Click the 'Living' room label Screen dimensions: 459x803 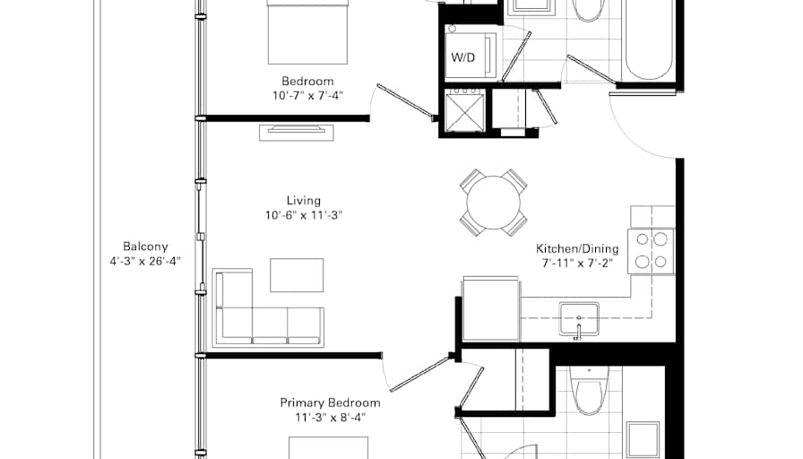(x=304, y=200)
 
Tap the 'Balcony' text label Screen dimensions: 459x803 (x=145, y=247)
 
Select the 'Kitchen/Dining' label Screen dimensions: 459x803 (x=574, y=248)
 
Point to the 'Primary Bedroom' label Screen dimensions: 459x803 (x=330, y=403)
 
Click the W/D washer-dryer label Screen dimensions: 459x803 (x=462, y=58)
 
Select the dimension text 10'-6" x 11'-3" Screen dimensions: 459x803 (x=304, y=215)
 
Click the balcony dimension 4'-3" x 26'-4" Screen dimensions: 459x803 (x=145, y=262)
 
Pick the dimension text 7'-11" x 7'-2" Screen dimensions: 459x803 (x=574, y=264)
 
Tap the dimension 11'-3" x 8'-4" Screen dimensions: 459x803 (x=330, y=418)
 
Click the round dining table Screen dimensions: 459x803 (x=493, y=202)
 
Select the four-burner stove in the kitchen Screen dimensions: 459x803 (x=652, y=250)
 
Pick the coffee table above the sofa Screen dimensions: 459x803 (x=297, y=274)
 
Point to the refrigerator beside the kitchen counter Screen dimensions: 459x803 (x=490, y=309)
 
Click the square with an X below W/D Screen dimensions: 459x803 (x=464, y=112)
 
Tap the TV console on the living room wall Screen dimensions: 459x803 (x=298, y=132)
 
